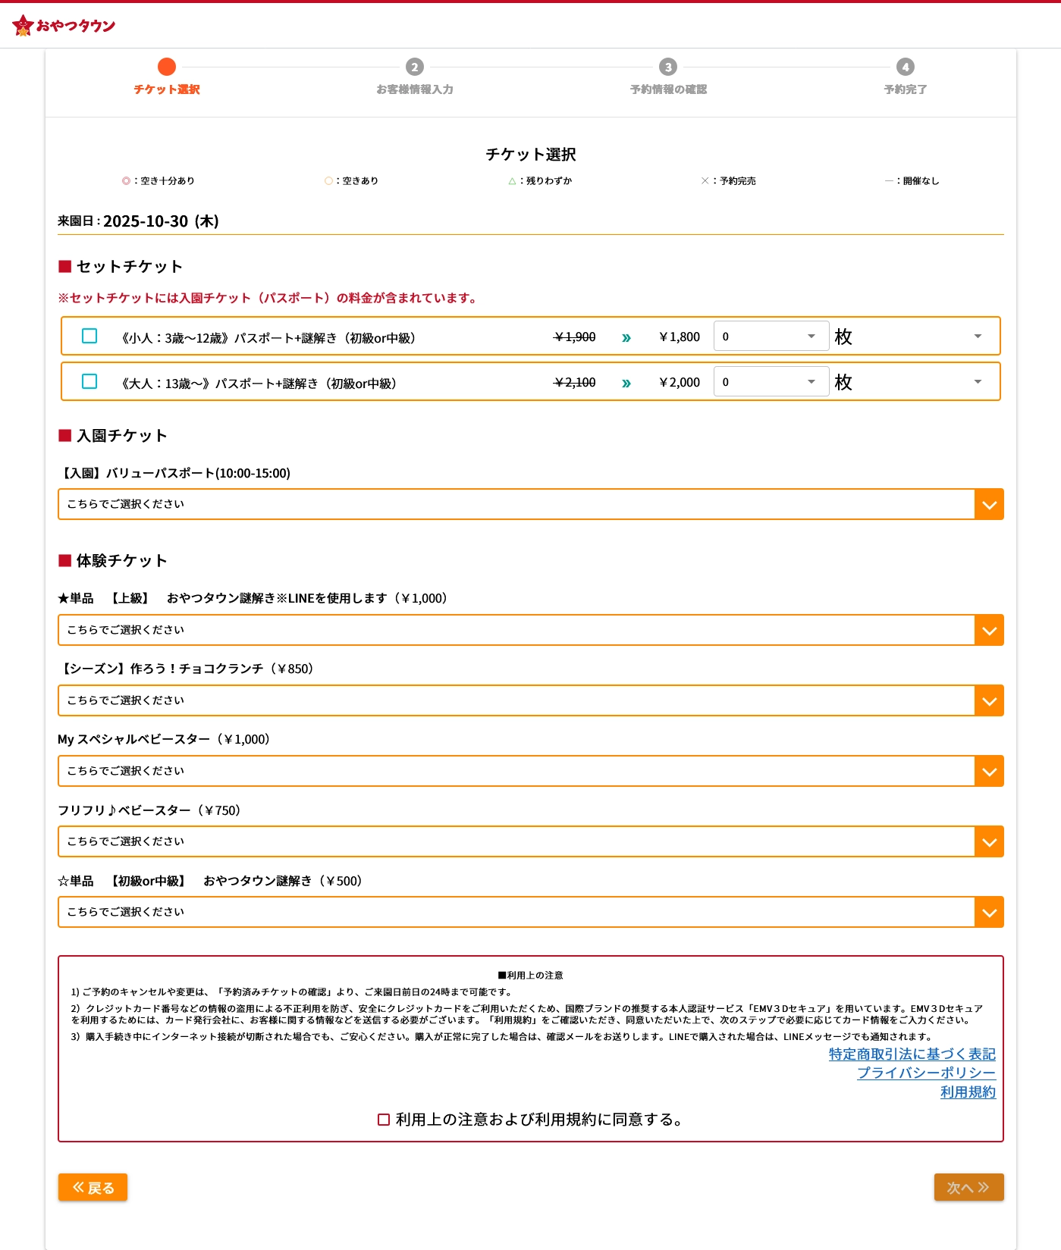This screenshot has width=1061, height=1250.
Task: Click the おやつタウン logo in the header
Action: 64,25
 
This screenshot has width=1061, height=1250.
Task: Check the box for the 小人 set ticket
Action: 89,336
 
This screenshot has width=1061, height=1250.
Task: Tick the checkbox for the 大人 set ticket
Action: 89,381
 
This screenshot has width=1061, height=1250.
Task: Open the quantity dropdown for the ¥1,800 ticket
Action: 771,337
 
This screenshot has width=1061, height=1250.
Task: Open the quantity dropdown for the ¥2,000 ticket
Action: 771,382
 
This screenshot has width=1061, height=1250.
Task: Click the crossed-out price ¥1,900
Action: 575,337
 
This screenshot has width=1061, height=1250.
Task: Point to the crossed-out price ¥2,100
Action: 575,383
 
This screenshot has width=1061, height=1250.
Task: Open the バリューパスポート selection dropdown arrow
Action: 989,505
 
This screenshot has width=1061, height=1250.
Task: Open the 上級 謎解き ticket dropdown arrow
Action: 989,631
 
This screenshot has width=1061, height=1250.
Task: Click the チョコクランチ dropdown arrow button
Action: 989,701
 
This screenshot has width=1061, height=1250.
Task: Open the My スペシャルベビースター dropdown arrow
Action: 989,772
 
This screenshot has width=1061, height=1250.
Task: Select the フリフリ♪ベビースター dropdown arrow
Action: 989,842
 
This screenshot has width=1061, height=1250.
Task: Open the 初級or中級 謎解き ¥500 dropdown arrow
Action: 989,913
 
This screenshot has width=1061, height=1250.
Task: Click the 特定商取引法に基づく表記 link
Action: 912,1054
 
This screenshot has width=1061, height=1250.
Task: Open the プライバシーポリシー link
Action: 926,1073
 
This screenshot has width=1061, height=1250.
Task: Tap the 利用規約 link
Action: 968,1092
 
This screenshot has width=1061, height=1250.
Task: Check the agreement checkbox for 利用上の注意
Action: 384,1120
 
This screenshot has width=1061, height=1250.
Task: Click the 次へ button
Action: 968,1187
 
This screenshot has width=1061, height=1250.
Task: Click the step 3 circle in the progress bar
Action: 667,67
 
